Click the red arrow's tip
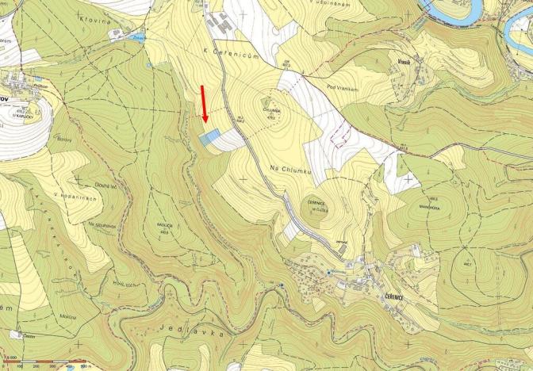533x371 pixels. click(205, 124)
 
